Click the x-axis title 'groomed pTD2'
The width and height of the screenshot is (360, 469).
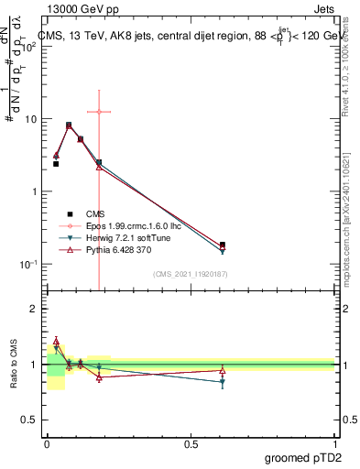[303, 456]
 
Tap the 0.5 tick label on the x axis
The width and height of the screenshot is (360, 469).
[191, 442]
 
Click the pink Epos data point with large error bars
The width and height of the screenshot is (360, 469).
[99, 112]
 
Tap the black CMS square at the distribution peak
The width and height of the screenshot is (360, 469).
[69, 125]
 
